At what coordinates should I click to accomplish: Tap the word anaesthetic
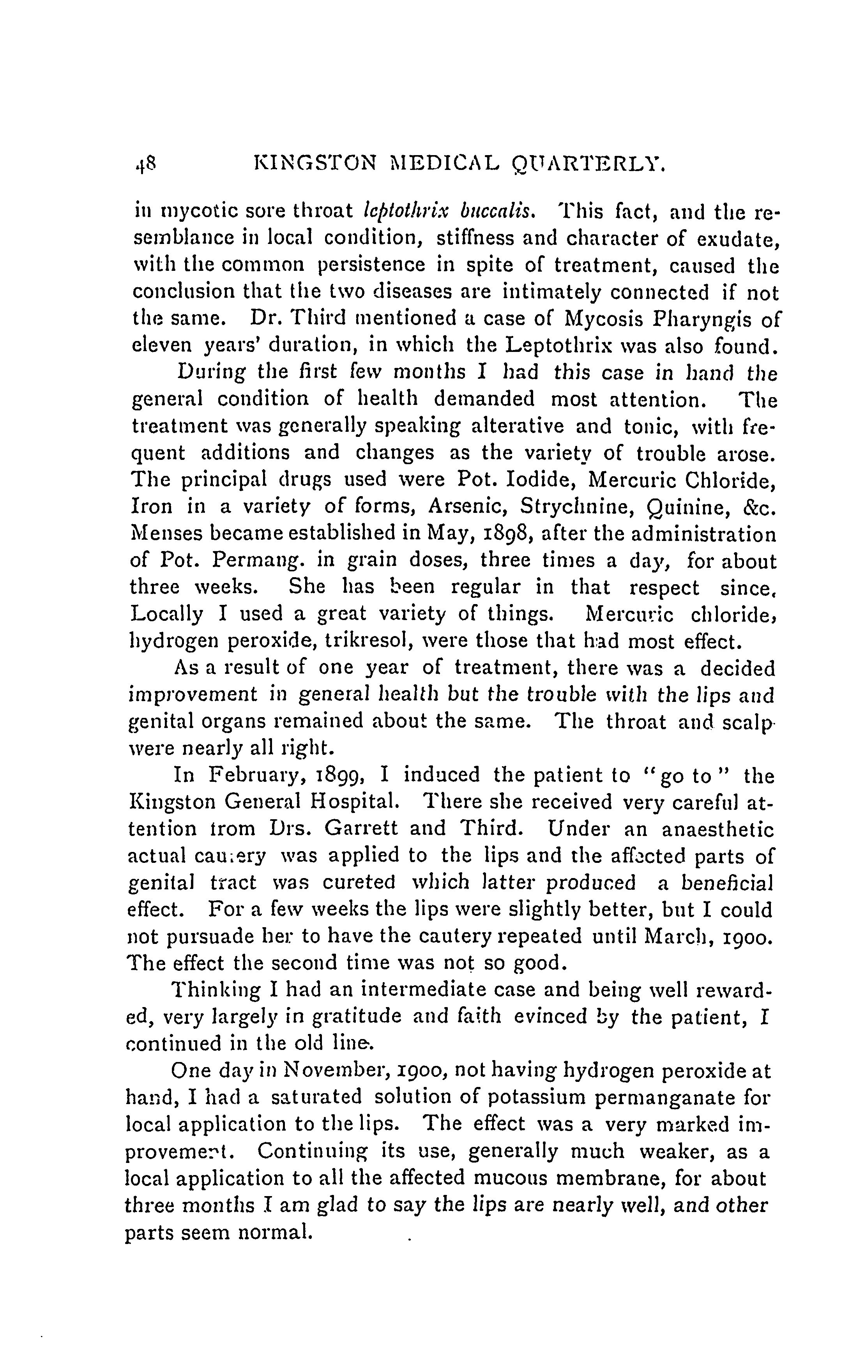pyautogui.click(x=718, y=829)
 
